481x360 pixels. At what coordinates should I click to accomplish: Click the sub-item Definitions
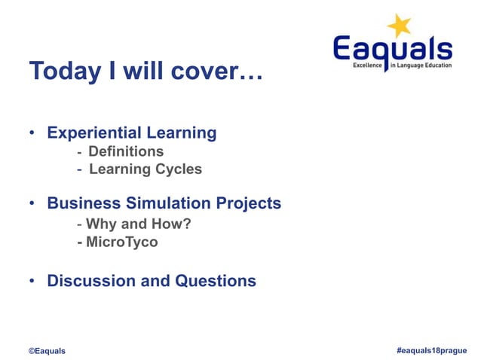[126, 151]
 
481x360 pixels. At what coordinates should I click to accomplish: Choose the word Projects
[248, 203]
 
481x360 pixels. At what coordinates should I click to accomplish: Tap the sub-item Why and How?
[133, 224]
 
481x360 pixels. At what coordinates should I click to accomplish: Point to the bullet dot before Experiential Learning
[33, 134]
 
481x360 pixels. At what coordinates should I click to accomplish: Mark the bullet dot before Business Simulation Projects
[33, 204]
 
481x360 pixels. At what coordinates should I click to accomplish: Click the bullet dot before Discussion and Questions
[33, 282]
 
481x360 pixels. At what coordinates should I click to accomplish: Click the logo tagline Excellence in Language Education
[403, 66]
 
